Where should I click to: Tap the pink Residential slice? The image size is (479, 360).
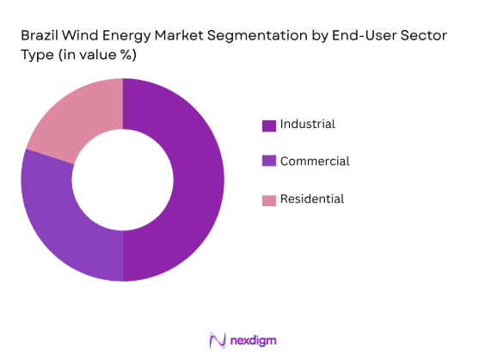point(74,121)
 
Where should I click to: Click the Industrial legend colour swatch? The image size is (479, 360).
point(269,125)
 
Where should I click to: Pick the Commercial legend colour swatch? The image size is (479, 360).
point(269,162)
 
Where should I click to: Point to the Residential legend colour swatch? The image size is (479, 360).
point(269,199)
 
